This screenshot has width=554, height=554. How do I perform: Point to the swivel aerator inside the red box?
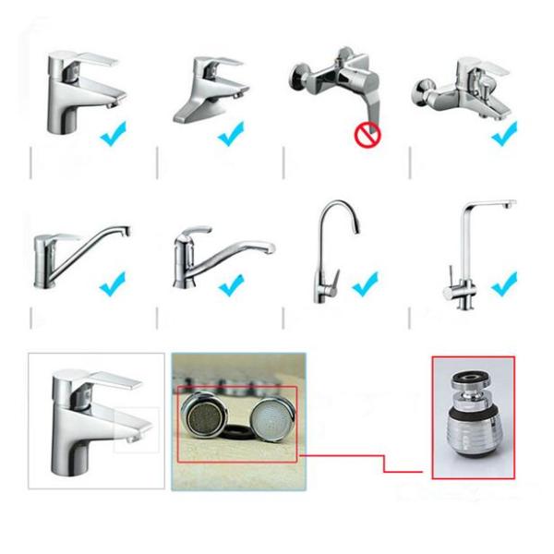(473, 419)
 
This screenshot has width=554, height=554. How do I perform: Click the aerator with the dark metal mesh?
(208, 415)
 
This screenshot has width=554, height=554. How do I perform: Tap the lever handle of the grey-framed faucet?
(103, 380)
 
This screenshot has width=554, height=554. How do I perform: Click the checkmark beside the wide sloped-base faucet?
(230, 134)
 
